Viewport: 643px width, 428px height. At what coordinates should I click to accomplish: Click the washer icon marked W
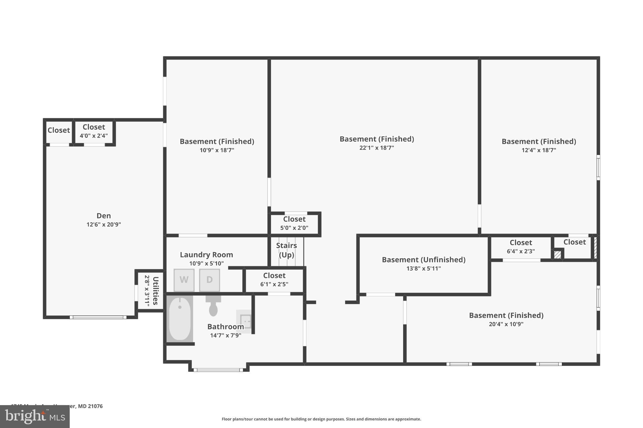tap(184, 280)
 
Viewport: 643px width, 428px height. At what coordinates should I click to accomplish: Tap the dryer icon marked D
tap(209, 280)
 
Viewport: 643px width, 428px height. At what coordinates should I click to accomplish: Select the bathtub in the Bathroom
tap(180, 319)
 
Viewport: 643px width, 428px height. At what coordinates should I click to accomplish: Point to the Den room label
tap(104, 216)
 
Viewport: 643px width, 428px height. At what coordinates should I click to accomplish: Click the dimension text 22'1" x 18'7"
tap(376, 148)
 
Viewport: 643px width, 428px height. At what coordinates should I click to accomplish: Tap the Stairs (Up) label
tap(286, 250)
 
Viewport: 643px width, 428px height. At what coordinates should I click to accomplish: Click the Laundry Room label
tap(206, 255)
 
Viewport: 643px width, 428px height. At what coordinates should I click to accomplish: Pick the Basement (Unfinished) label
tap(424, 260)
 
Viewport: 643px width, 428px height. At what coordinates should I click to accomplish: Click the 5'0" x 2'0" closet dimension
tap(294, 228)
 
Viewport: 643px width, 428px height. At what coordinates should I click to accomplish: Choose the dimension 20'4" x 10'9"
tap(506, 324)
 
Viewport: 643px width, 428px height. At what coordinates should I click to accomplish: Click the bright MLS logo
tap(35, 416)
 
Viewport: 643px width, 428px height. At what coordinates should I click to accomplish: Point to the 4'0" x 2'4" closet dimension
tap(94, 136)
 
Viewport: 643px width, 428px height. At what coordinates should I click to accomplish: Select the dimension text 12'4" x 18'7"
tap(538, 150)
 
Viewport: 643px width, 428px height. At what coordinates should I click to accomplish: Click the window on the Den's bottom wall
tap(98, 317)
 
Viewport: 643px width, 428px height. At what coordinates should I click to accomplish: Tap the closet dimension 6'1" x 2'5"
tap(274, 284)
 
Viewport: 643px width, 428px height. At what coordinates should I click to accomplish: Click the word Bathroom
tap(225, 327)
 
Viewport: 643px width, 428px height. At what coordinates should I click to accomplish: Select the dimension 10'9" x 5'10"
tap(206, 264)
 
